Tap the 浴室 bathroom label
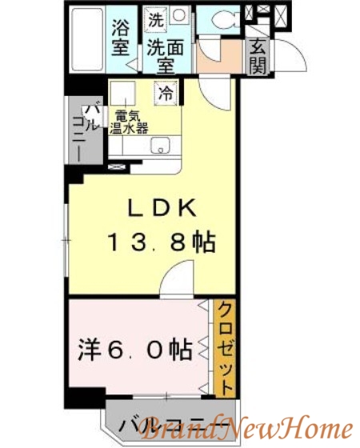[x=122, y=35]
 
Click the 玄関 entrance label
[x=258, y=55]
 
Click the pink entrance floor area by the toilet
[x=216, y=52]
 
